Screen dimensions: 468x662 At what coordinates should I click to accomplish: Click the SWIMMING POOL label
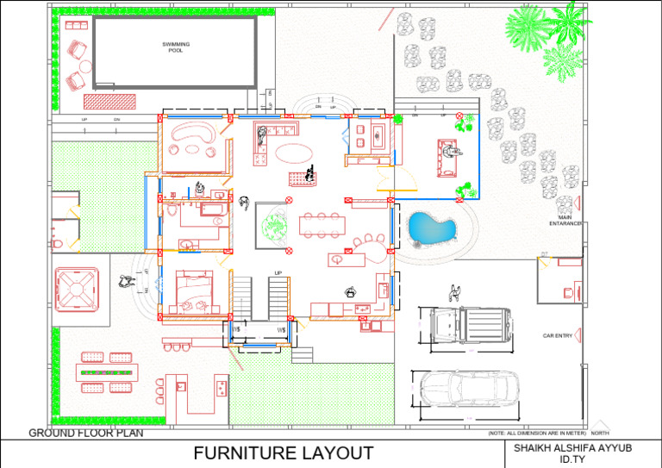tap(175, 47)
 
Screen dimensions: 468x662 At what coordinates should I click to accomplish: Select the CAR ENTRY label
tap(558, 335)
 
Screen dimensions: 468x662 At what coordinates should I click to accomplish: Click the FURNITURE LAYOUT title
tap(283, 453)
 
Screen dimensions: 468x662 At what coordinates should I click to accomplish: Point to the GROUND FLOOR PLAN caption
tap(86, 433)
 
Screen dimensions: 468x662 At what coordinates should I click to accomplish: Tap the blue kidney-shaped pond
tap(431, 228)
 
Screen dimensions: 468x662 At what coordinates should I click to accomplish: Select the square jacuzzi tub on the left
tap(78, 289)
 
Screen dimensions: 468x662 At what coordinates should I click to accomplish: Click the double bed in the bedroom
tap(194, 289)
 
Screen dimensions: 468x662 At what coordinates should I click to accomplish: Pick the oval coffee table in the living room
tap(294, 153)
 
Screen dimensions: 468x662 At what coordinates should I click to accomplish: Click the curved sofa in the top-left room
tap(195, 133)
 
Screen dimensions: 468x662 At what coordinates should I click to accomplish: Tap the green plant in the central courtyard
tap(275, 226)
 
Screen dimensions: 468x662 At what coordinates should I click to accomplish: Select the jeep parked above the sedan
tap(465, 325)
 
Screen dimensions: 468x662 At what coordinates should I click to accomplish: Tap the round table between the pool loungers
tap(84, 66)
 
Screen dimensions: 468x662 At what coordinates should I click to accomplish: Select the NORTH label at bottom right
tap(600, 433)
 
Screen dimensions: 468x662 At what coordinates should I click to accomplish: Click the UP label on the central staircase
tap(278, 273)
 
